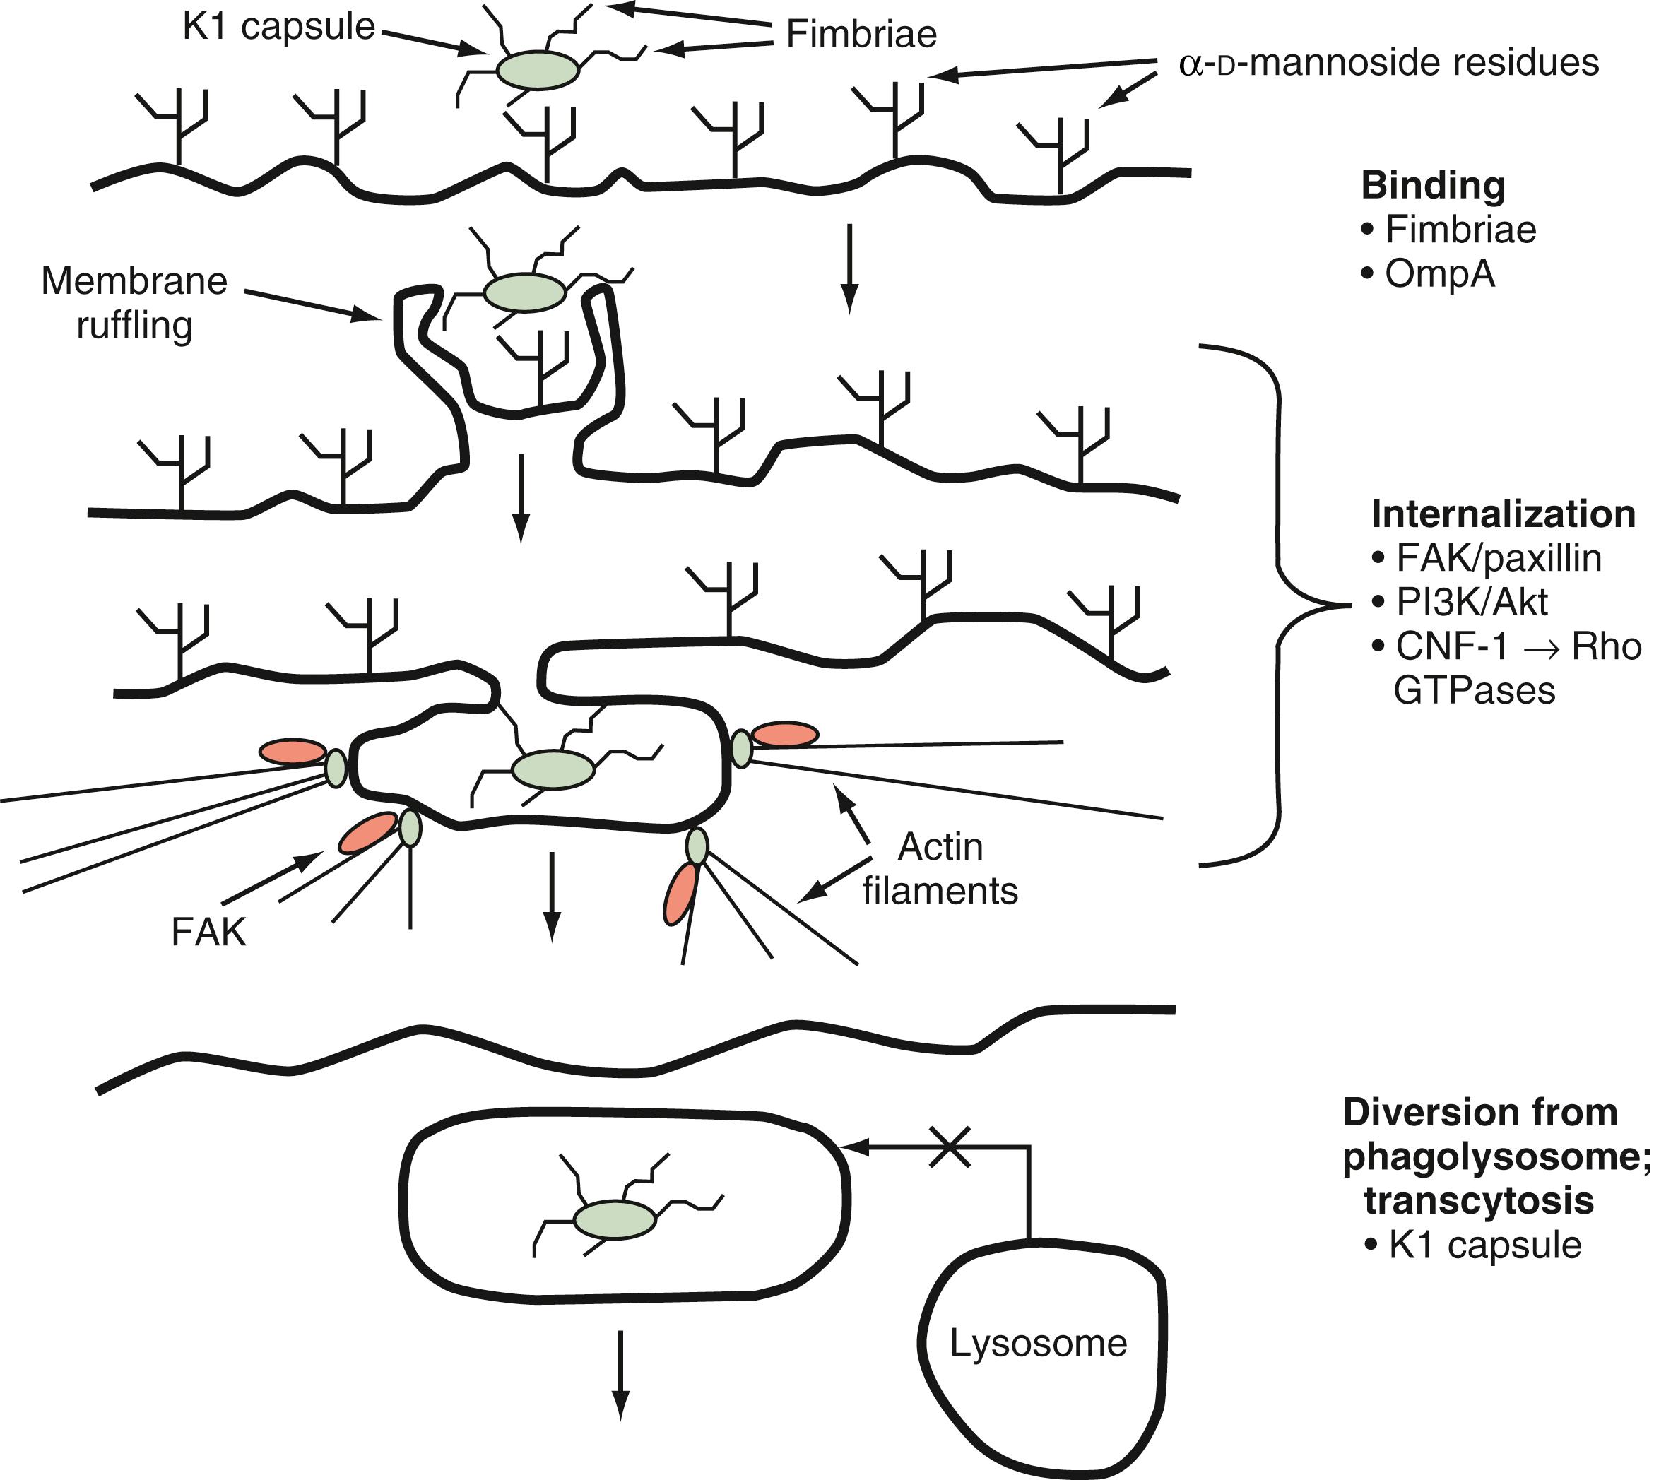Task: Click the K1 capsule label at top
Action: [278, 27]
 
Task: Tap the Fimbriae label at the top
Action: [861, 35]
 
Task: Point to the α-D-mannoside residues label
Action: [1388, 64]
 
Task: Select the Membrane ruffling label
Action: [134, 302]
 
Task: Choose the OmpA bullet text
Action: [1439, 275]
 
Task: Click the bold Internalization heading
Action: [1503, 514]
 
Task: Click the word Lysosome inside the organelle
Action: [1039, 1344]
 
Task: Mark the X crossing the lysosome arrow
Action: [949, 1147]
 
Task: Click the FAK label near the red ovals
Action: [208, 932]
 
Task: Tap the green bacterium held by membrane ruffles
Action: [524, 292]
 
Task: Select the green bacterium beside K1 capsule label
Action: [538, 70]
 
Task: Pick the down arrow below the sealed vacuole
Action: [620, 1374]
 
